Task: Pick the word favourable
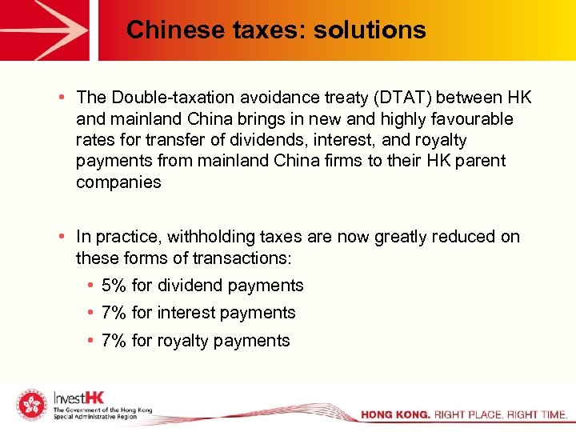472,118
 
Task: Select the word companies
118,182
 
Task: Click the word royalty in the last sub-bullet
184,341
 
